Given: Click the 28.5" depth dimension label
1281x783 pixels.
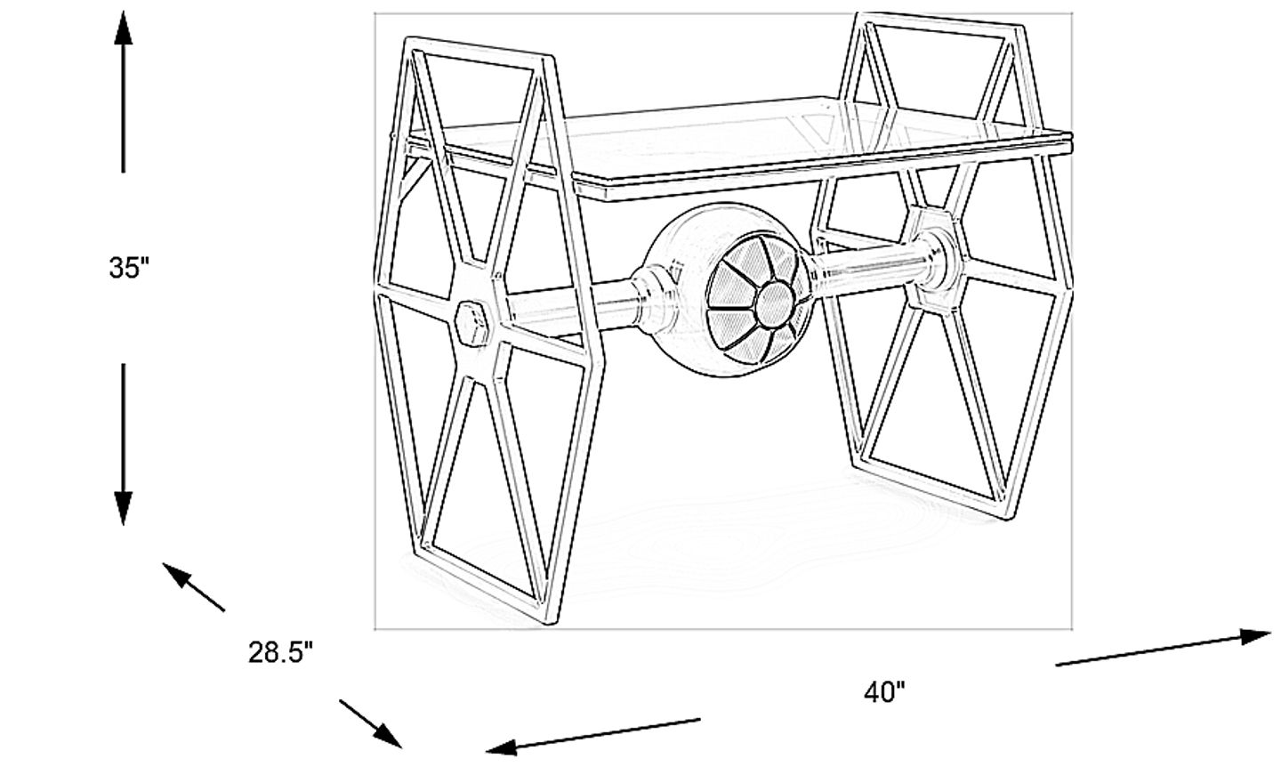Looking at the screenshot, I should (281, 654).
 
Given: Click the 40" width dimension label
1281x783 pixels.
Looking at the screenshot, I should (884, 692).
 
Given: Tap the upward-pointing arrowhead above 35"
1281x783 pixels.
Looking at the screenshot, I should (124, 31).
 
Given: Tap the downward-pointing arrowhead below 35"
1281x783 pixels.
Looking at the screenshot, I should (124, 507).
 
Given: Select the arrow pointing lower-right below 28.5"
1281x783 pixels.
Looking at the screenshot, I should (386, 734).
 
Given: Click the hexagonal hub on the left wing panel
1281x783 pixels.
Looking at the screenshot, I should (472, 322).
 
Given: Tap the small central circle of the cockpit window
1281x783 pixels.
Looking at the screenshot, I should (772, 303).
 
